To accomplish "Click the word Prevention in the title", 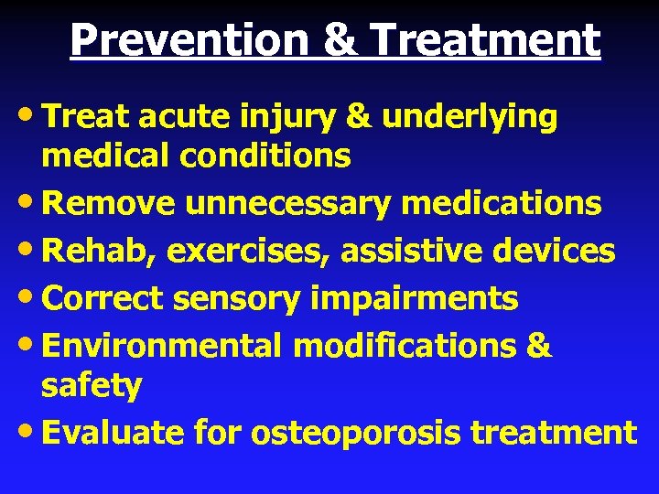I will pyautogui.click(x=179, y=40).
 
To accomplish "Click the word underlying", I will pyautogui.click(x=470, y=117).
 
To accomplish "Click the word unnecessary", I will pyautogui.click(x=288, y=203).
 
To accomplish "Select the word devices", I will pyautogui.click(x=555, y=251).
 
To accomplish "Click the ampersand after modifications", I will pyautogui.click(x=540, y=346).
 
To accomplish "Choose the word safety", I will pyautogui.click(x=92, y=387).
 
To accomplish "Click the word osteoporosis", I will pyautogui.click(x=356, y=433).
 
